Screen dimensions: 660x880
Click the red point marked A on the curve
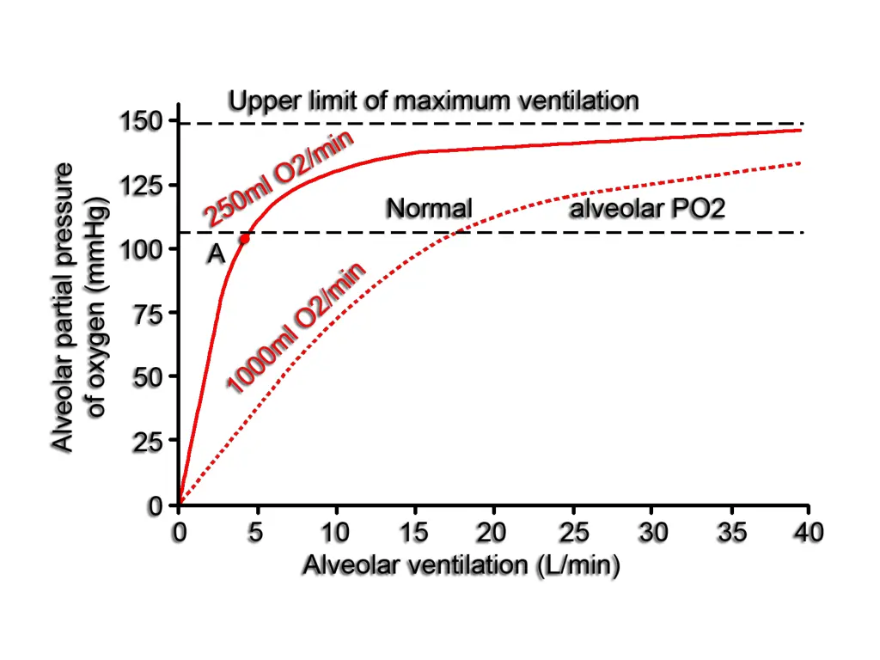244,239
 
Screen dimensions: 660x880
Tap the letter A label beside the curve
215,254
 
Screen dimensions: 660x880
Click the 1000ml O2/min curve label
296,328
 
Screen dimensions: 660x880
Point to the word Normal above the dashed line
429,208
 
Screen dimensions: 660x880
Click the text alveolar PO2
647,208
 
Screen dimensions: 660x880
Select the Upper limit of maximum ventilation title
433,101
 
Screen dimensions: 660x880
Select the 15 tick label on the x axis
414,533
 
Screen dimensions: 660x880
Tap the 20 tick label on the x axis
492,533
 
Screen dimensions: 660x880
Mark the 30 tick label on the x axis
651,533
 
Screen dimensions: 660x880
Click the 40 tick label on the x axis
808,533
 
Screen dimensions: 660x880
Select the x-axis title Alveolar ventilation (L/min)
461,565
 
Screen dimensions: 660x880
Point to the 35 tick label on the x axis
730,533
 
